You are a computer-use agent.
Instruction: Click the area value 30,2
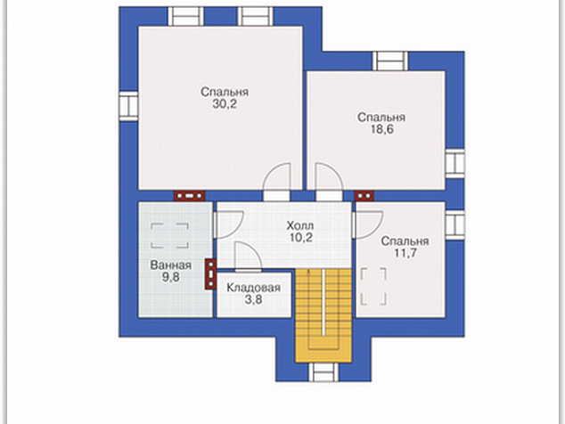(224, 104)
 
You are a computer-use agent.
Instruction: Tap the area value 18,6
(382, 129)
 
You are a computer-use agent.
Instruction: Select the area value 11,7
(405, 253)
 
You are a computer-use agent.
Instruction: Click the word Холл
(299, 226)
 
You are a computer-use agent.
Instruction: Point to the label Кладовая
(254, 288)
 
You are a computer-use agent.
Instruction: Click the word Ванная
(171, 265)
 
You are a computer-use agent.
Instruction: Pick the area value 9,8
(171, 278)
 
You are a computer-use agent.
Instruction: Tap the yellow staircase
(323, 315)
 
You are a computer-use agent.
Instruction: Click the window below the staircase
(323, 372)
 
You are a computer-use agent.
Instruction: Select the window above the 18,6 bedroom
(390, 61)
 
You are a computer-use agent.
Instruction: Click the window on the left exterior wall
(128, 106)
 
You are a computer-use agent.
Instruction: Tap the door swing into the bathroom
(228, 224)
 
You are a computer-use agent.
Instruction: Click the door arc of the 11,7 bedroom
(367, 224)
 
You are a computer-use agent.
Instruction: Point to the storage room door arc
(249, 257)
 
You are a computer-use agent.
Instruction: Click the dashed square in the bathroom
(169, 235)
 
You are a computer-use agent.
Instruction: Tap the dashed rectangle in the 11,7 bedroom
(373, 287)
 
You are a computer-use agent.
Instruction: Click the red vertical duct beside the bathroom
(210, 273)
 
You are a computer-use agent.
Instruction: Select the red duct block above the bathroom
(190, 196)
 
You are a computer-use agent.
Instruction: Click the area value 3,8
(254, 299)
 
